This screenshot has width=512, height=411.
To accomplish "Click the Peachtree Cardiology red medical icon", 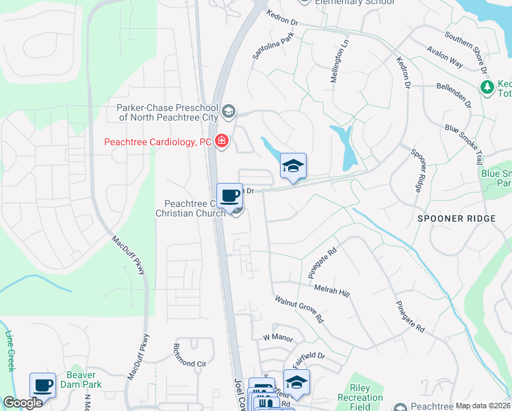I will tap(220, 142).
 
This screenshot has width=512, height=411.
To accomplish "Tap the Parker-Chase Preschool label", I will tap(167, 112).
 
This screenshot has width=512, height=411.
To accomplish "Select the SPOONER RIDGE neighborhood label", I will tap(456, 218).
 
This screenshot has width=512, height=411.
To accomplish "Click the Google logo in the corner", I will tap(23, 403).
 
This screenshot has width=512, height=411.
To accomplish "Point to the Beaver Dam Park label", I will tap(84, 379).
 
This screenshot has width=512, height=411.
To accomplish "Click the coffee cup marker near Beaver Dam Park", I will tap(43, 386).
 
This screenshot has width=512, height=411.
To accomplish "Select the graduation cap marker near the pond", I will tap(293, 166).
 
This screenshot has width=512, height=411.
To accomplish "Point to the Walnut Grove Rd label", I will tap(299, 310).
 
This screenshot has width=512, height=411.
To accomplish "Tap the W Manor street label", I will tap(277, 337).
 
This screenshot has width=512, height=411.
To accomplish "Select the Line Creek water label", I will tap(10, 351).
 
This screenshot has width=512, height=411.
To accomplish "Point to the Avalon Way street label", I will tap(445, 55).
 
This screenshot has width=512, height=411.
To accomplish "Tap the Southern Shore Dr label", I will tap(465, 52).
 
